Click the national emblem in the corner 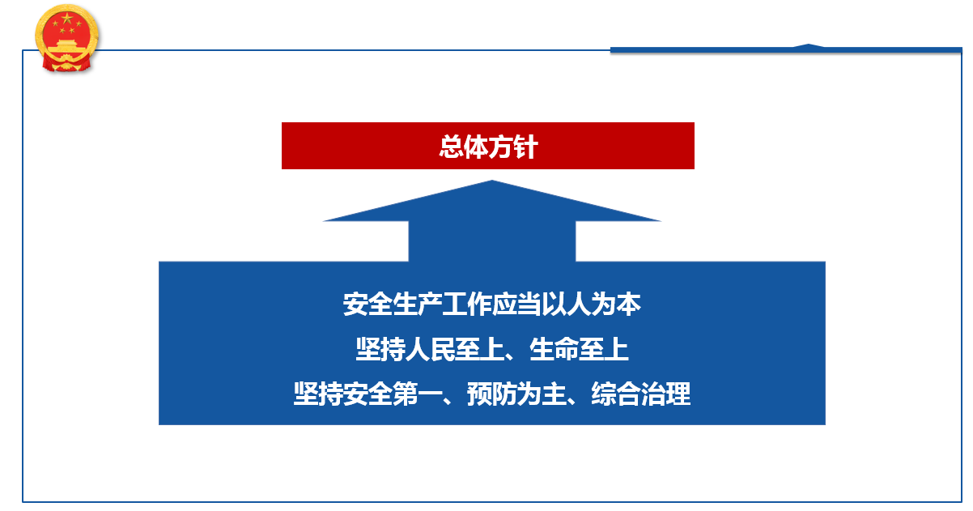[66, 38]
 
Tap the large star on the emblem [67, 19]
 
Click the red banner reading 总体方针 [488, 146]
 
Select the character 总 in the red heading [451, 147]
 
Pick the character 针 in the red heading [526, 147]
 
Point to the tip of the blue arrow [492, 181]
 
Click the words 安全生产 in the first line [393, 304]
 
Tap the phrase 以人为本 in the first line [591, 304]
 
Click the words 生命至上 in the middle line [579, 349]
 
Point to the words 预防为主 [516, 394]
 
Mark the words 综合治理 [640, 394]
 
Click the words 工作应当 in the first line [491, 304]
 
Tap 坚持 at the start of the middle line [380, 349]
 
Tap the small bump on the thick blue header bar [809, 45]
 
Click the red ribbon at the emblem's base [66, 64]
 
